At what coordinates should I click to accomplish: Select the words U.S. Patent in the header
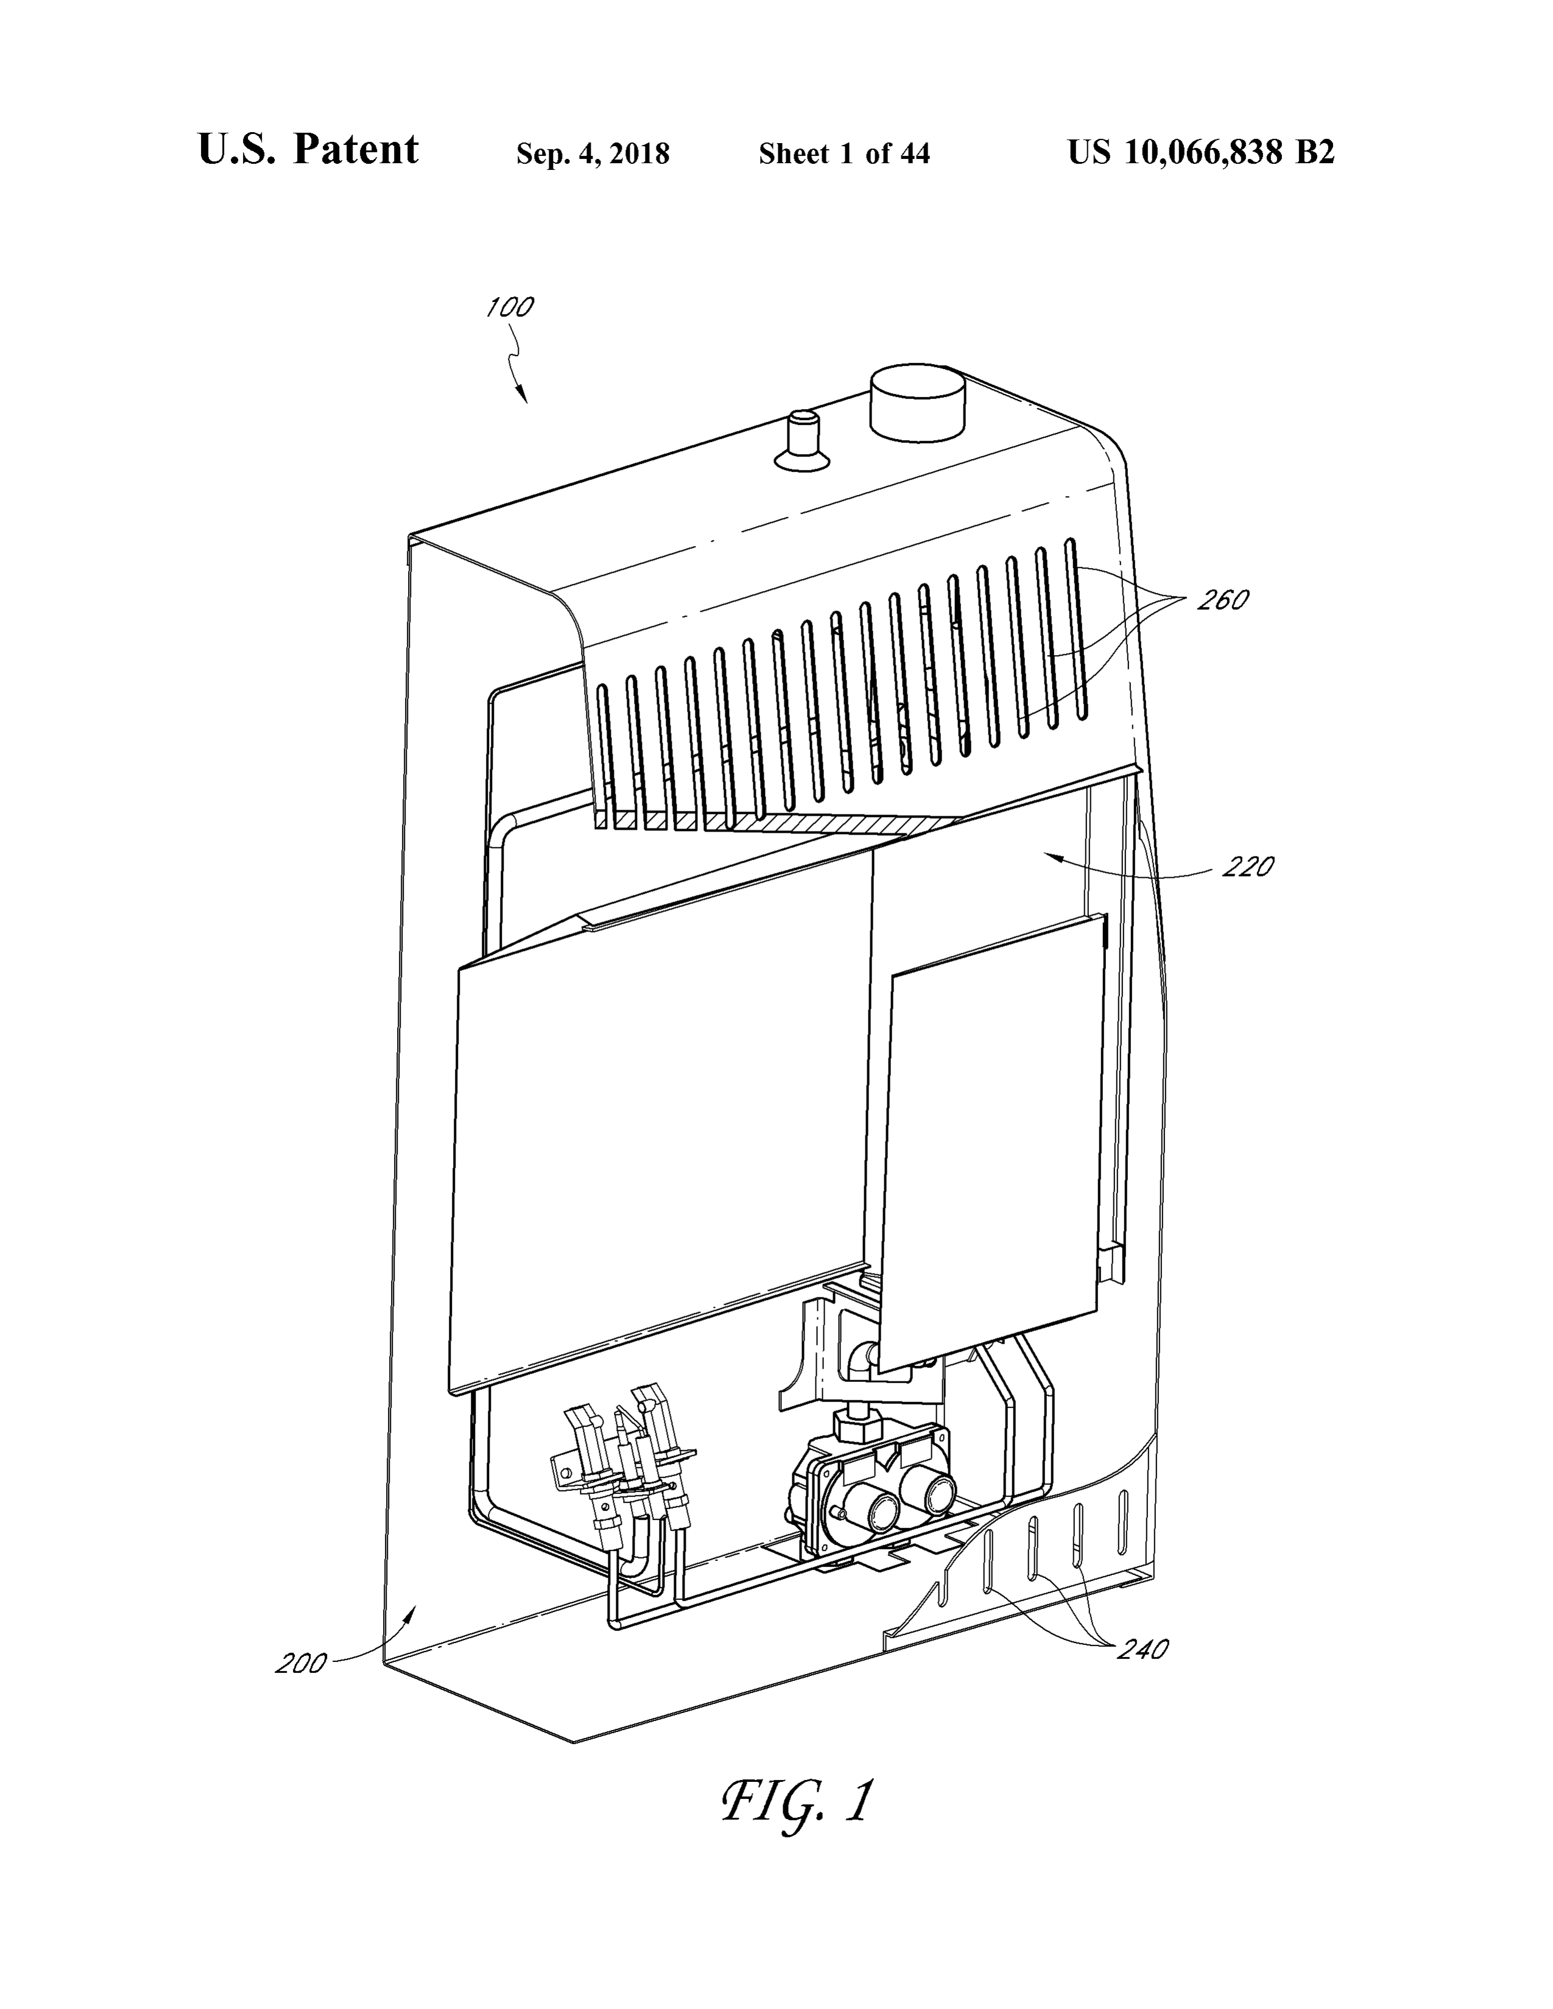(308, 150)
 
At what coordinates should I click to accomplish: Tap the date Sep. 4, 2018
(593, 153)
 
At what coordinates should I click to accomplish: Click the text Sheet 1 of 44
(843, 153)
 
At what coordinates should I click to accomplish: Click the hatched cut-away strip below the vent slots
(782, 821)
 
